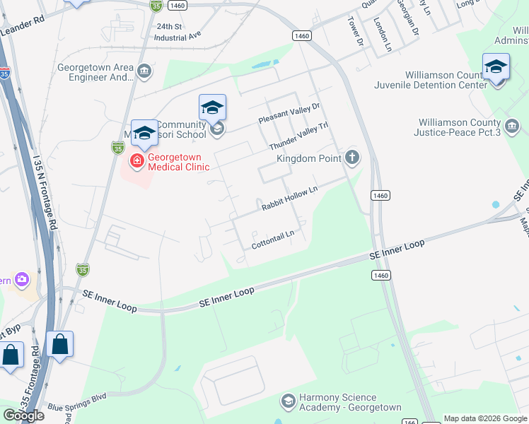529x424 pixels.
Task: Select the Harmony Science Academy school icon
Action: click(288, 401)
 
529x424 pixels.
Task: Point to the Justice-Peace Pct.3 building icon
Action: click(512, 126)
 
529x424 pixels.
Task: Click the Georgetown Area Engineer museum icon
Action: click(144, 71)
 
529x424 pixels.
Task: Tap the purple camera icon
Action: click(22, 279)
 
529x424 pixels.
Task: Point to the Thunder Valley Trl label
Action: click(299, 135)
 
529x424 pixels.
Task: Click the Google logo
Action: click(23, 416)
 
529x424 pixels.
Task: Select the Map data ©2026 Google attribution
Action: click(485, 418)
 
